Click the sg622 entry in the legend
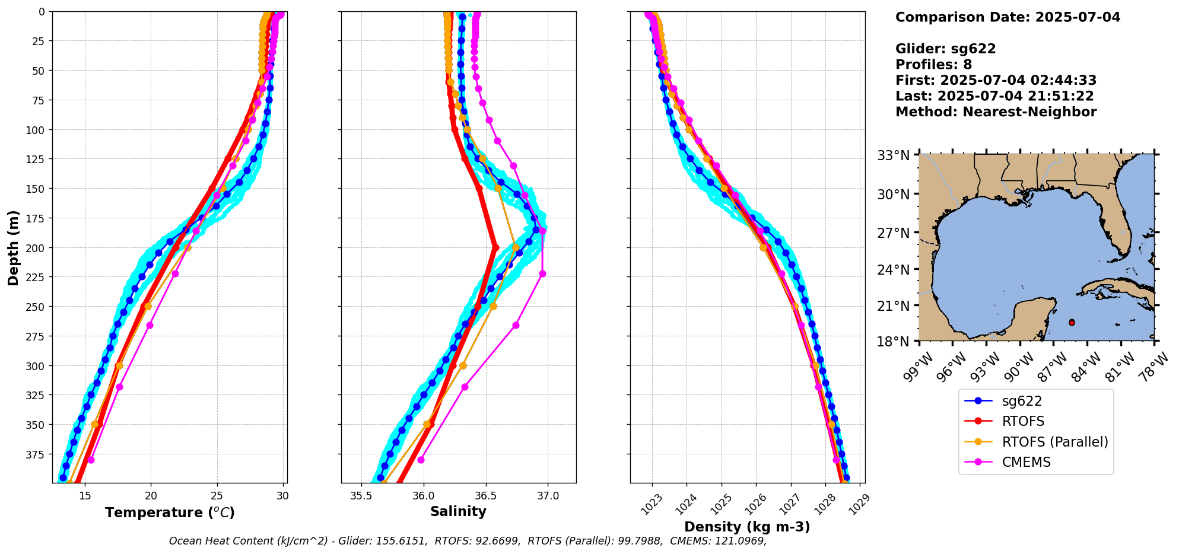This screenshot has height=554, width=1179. pos(1021,401)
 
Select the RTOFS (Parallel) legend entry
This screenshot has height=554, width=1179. pos(1054,442)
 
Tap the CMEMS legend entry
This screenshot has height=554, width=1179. pos(1026,462)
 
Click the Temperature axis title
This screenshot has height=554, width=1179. pos(170,512)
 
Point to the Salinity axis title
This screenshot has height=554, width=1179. pos(458,511)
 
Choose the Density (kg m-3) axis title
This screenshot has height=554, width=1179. pos(747,527)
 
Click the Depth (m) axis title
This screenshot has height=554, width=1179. pos(14,247)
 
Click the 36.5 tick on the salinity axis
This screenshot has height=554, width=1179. pos(485,496)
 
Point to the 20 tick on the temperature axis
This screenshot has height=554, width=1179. pos(151,496)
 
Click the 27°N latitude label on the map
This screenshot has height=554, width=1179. pos(894,233)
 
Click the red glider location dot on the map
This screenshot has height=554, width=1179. pos(1072,323)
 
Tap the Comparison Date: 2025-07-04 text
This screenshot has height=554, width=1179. pos(1008,17)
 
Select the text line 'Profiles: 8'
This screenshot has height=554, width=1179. pos(933,65)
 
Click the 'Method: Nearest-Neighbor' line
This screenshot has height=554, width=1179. pos(996,112)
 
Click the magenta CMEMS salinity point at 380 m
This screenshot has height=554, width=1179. pos(421,460)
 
